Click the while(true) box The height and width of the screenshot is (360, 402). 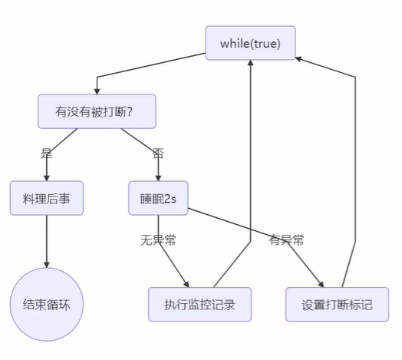pyautogui.click(x=251, y=43)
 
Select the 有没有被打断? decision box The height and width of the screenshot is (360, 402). pyautogui.click(x=97, y=111)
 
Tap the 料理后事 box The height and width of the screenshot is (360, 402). pyautogui.click(x=47, y=198)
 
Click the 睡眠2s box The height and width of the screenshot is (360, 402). pyautogui.click(x=159, y=198)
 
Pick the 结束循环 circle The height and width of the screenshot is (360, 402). pyautogui.click(x=47, y=305)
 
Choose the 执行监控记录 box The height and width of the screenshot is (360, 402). pyautogui.click(x=201, y=305)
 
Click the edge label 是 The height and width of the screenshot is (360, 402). pyautogui.click(x=47, y=153)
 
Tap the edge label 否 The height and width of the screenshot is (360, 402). pyautogui.click(x=158, y=153)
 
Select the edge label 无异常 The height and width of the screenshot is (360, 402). pyautogui.click(x=159, y=240)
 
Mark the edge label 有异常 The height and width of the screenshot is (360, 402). pyautogui.click(x=286, y=240)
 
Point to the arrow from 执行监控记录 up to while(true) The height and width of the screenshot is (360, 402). pyautogui.click(x=251, y=169)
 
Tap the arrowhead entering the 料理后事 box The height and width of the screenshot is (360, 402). pyautogui.click(x=47, y=177)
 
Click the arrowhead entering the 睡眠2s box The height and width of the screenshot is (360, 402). pyautogui.click(x=159, y=177)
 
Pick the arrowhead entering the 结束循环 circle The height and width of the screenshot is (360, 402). pyautogui.click(x=47, y=264)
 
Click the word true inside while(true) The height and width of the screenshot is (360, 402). pyautogui.click(x=265, y=43)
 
